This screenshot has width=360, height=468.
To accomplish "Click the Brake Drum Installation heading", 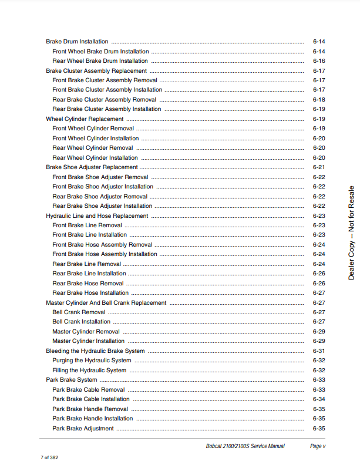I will (77, 42).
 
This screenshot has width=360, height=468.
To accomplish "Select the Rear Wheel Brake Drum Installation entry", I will (100, 61).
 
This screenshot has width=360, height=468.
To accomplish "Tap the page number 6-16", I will (319, 61).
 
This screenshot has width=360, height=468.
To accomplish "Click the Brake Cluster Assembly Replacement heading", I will (96, 70).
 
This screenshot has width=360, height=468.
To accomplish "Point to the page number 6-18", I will (319, 100).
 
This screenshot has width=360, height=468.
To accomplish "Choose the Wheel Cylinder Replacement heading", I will (85, 119).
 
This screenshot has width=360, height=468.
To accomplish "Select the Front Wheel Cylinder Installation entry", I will (96, 139).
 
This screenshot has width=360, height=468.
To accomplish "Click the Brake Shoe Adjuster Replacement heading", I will (92, 167).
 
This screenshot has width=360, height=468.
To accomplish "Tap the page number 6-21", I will (319, 167).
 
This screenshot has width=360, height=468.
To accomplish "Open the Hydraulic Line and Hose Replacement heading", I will (97, 216).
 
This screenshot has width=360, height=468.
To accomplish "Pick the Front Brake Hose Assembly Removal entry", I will (102, 245).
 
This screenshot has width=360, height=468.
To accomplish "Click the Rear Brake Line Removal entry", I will (87, 264).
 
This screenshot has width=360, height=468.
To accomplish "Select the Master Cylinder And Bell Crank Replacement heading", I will (106, 303).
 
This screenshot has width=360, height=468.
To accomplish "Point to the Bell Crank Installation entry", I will (81, 322).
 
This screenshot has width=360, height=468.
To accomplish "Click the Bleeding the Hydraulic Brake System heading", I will (95, 351).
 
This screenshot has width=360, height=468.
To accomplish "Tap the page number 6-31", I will (319, 351).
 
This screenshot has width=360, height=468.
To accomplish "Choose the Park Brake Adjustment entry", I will (83, 429).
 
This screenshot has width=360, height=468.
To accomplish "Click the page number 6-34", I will (319, 399).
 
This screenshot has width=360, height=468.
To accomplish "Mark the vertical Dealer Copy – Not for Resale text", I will (351, 233).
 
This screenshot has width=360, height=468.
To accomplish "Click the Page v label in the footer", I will (317, 446).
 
